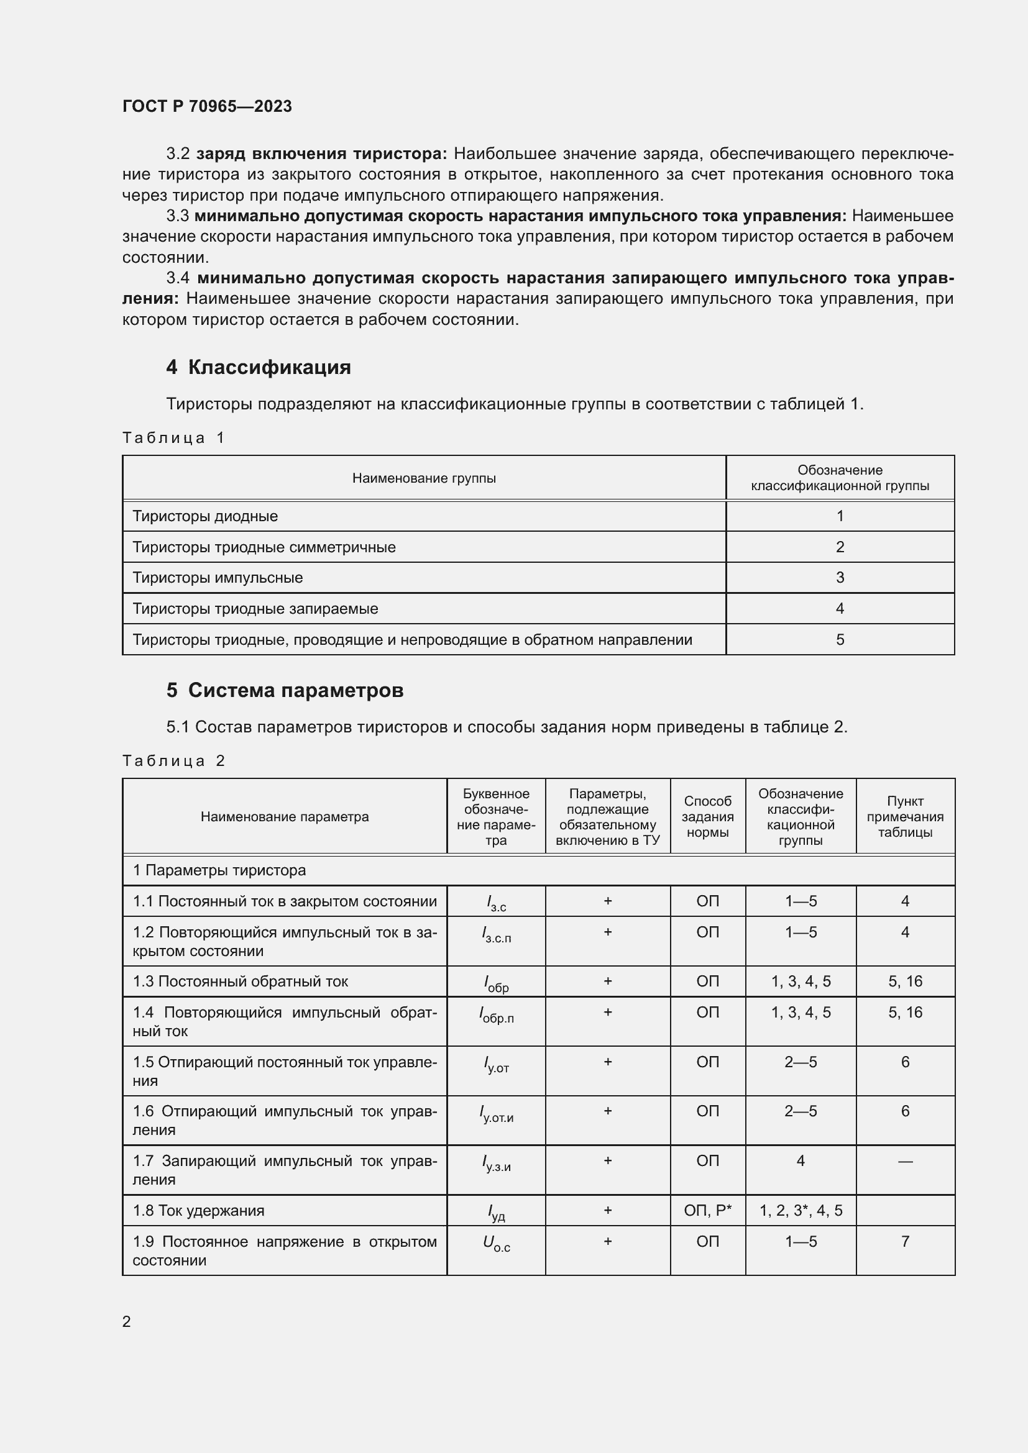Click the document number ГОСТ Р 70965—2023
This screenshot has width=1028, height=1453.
[207, 106]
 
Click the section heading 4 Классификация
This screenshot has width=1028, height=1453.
[259, 367]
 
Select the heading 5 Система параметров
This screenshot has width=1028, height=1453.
[285, 690]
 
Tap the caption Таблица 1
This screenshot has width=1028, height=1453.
[173, 438]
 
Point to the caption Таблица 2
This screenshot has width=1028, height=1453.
[173, 761]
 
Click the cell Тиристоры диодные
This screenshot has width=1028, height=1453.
[205, 516]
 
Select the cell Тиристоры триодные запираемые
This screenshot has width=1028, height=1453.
[255, 609]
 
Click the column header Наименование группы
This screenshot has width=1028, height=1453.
[423, 478]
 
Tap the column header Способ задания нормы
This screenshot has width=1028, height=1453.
[707, 816]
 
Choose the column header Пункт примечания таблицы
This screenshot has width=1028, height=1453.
[904, 816]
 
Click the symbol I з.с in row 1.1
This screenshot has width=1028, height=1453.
[495, 903]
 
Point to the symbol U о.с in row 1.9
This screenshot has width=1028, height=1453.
[495, 1244]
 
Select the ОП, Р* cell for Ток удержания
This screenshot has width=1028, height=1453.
[707, 1211]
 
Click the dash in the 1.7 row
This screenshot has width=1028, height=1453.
[904, 1161]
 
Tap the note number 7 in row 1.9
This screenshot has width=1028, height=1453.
[904, 1242]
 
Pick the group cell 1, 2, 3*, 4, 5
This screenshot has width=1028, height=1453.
[800, 1211]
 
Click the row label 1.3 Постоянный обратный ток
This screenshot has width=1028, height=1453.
[241, 982]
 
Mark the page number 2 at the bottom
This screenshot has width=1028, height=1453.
[127, 1321]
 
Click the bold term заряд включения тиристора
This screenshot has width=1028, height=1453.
[321, 154]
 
